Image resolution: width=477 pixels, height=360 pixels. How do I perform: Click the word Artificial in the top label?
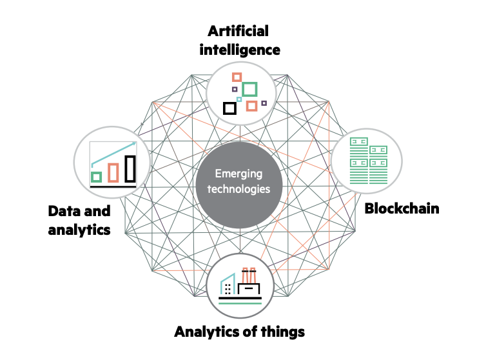pyautogui.click(x=238, y=31)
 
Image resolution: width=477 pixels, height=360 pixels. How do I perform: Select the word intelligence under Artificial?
pyautogui.click(x=238, y=49)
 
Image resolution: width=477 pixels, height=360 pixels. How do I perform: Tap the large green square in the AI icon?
pyautogui.click(x=249, y=89)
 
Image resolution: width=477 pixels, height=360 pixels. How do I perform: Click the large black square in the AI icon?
pyautogui.click(x=229, y=108)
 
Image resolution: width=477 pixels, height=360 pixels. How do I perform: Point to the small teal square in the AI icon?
pyautogui.click(x=239, y=99)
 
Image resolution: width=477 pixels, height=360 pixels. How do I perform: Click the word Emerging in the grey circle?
pyautogui.click(x=240, y=174)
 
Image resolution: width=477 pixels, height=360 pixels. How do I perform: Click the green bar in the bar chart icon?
pyautogui.click(x=97, y=176)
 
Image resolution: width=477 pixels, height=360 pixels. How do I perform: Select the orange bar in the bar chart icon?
pyautogui.click(x=113, y=172)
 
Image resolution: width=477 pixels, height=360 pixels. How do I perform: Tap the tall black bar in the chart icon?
pyautogui.click(x=130, y=168)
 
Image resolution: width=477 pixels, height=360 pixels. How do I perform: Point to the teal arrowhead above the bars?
pyautogui.click(x=134, y=144)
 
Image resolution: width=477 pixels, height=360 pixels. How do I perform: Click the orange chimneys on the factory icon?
pyautogui.click(x=249, y=274)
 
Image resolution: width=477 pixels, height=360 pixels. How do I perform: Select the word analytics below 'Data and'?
pyautogui.click(x=79, y=228)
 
